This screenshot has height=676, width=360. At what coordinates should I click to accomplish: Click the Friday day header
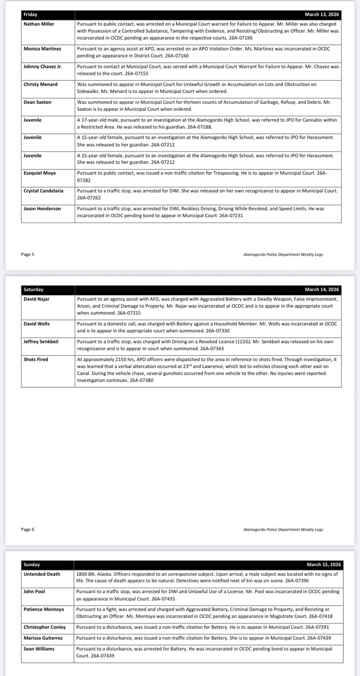(31, 15)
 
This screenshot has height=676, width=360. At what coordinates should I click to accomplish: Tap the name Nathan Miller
(39, 24)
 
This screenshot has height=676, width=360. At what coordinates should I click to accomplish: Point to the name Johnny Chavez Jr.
(43, 67)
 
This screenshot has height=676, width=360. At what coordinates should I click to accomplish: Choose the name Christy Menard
(41, 84)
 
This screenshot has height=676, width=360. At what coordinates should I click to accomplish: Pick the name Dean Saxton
(38, 102)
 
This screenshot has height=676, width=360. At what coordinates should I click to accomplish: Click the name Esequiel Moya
(40, 173)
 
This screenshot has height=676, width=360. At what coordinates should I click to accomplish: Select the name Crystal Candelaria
(43, 191)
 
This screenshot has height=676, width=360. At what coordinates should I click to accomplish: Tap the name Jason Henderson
(42, 208)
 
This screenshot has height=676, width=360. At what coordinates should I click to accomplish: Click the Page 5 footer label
(27, 254)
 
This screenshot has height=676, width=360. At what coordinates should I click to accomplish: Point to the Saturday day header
(33, 290)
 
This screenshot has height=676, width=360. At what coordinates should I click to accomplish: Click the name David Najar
(37, 299)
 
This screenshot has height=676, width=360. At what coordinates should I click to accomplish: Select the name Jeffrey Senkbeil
(41, 341)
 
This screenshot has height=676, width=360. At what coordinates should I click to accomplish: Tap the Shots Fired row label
(36, 359)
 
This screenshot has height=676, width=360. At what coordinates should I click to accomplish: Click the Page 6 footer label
(27, 529)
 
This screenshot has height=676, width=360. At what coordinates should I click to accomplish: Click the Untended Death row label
(42, 574)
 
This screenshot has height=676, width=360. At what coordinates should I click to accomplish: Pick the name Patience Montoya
(44, 609)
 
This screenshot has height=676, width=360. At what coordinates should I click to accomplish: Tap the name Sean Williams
(39, 649)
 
